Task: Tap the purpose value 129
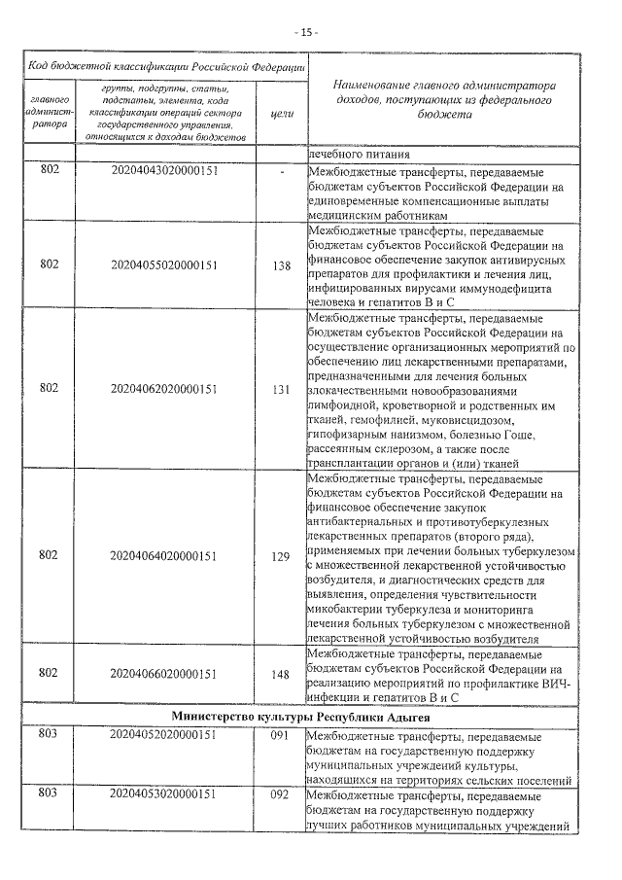pyautogui.click(x=281, y=555)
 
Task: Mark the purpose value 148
pyautogui.click(x=281, y=672)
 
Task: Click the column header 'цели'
pyautogui.click(x=281, y=114)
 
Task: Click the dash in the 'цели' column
pyautogui.click(x=281, y=171)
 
